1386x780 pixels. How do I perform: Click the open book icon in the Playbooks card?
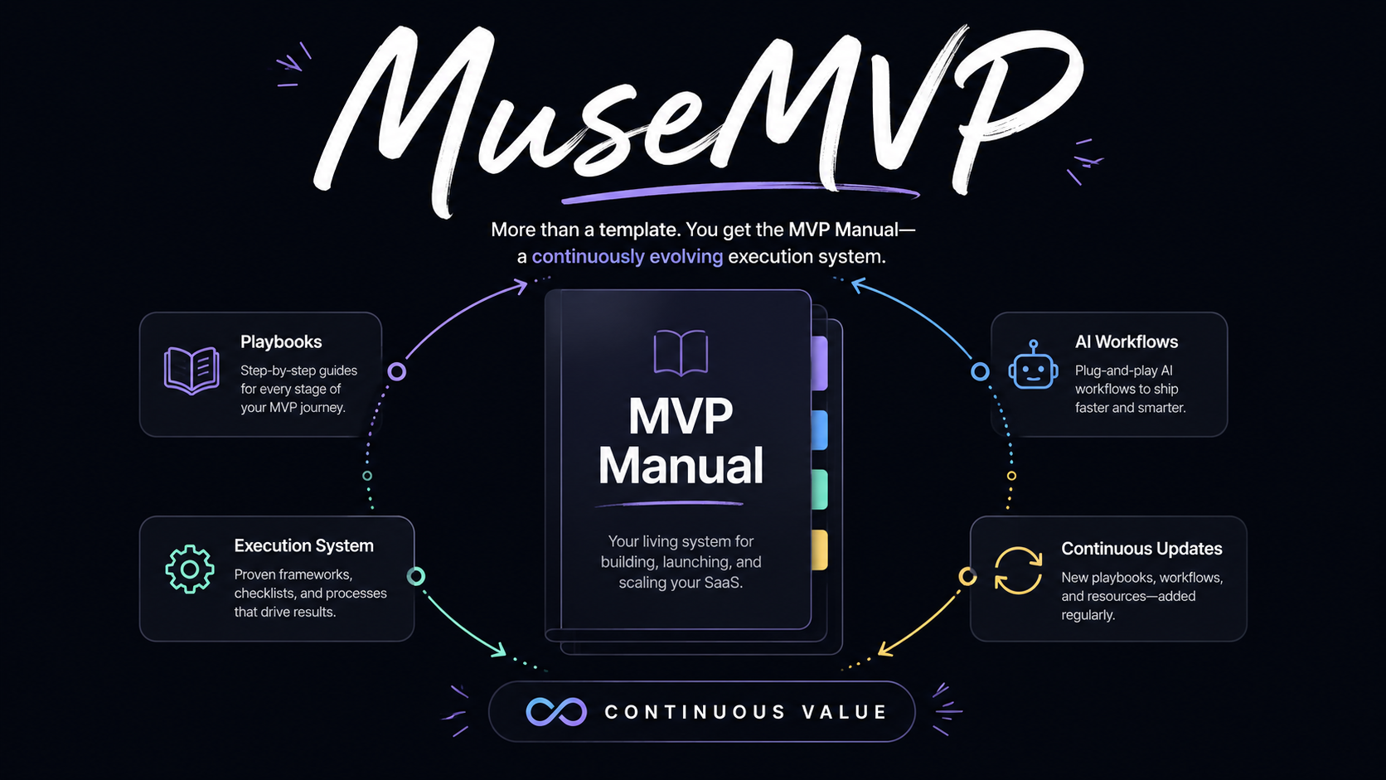click(191, 371)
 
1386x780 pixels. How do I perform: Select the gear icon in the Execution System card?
click(190, 569)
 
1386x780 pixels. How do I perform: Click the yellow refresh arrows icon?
click(1019, 570)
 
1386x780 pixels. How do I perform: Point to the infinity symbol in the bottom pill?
click(556, 712)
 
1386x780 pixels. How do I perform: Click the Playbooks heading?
click(281, 342)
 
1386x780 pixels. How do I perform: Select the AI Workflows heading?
click(1126, 342)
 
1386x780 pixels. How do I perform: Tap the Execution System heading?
click(303, 545)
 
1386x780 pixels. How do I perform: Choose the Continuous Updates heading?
click(1141, 549)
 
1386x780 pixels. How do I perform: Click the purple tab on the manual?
click(820, 364)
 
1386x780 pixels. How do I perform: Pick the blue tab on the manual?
click(820, 430)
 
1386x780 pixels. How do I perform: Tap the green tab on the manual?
click(820, 489)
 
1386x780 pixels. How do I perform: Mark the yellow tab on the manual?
click(820, 550)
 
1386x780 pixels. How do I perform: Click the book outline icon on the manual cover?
click(681, 352)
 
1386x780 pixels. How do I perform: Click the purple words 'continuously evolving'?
click(628, 257)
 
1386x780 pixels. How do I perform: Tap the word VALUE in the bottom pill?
click(845, 712)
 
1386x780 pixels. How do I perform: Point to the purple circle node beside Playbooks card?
click(396, 371)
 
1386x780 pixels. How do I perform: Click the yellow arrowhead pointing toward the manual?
click(884, 649)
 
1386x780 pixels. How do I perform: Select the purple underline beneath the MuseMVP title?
click(739, 191)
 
